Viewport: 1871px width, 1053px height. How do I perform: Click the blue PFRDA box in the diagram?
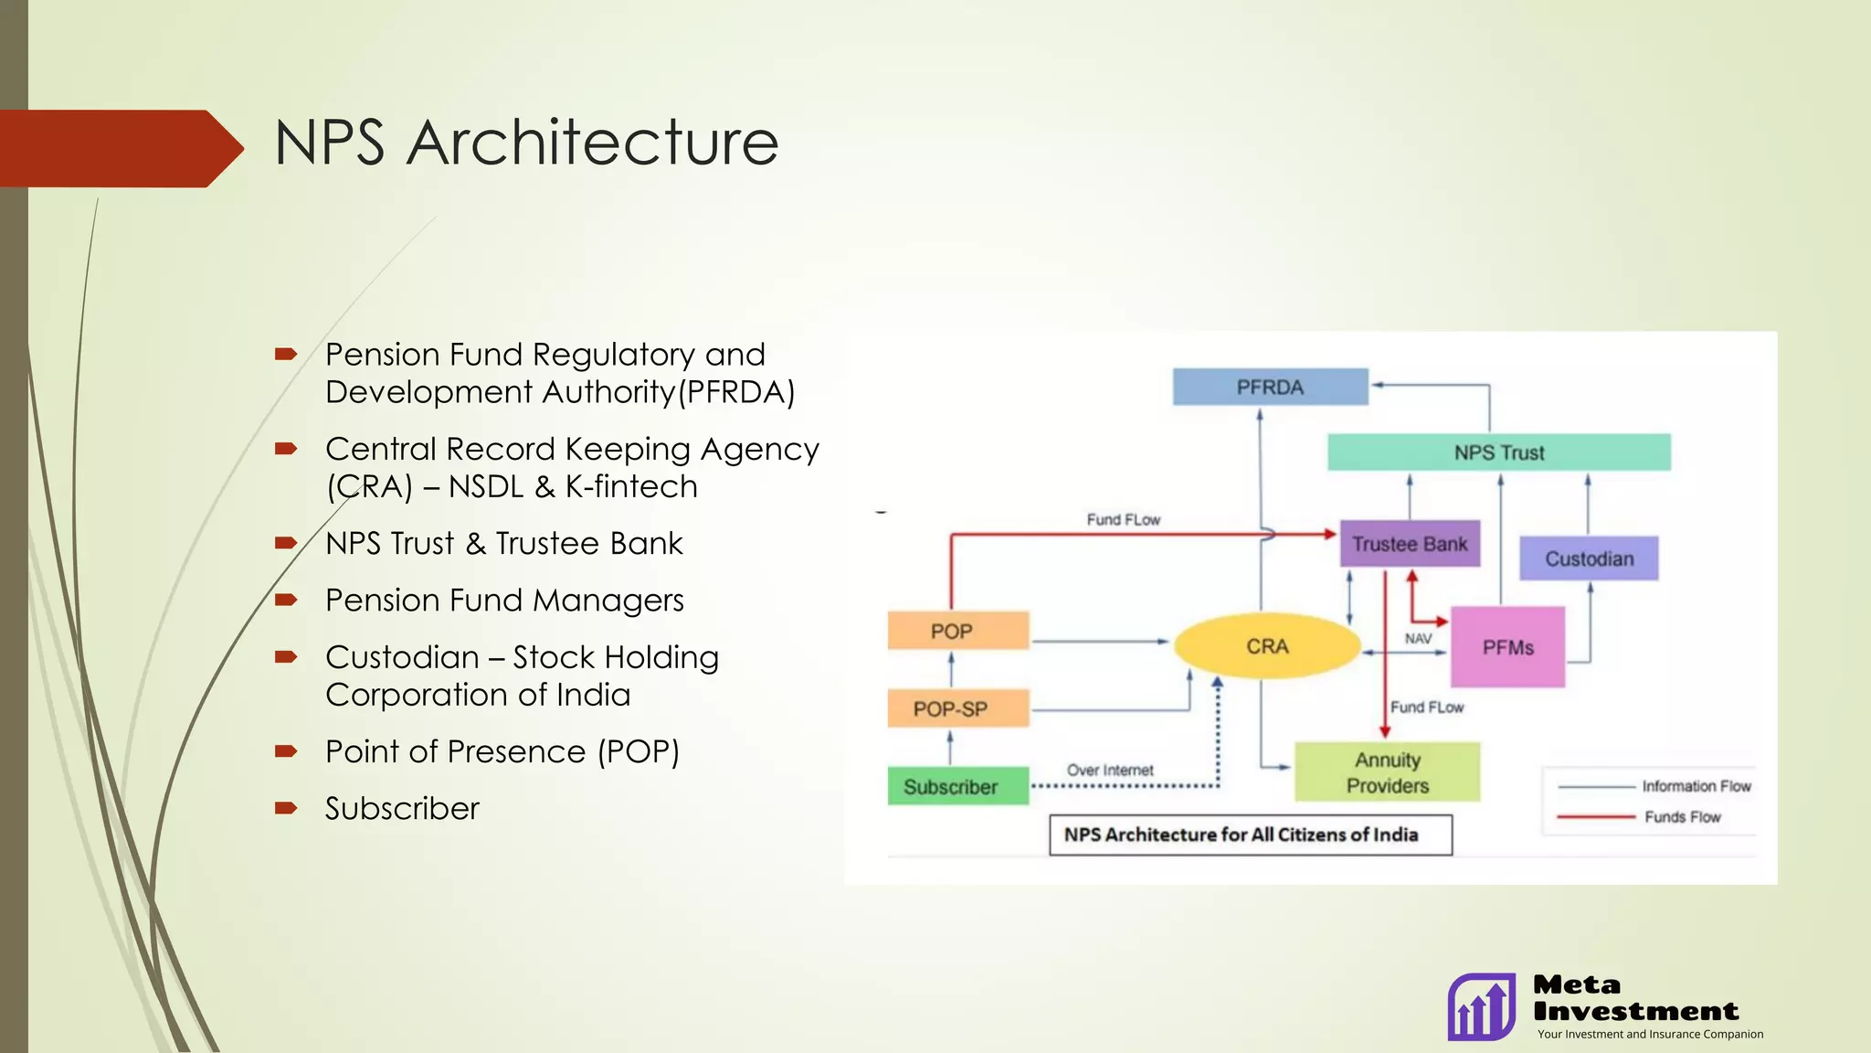coord(1270,387)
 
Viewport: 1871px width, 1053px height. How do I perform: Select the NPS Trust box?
coord(1498,452)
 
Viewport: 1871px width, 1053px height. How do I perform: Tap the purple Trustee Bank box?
coord(1410,544)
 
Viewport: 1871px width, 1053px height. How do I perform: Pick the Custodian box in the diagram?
coord(1589,558)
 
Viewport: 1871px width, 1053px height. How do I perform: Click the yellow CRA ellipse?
coord(1267,646)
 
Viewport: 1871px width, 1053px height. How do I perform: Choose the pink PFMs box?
coord(1507,647)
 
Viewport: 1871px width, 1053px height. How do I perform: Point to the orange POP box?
coord(951,631)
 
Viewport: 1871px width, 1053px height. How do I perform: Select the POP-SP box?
coord(950,708)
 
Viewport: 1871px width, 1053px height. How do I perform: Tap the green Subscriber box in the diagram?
coord(950,786)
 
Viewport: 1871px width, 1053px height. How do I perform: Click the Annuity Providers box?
coord(1387,772)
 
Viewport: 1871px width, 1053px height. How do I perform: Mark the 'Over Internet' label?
coord(1110,771)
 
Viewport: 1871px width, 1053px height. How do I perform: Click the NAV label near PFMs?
coord(1418,638)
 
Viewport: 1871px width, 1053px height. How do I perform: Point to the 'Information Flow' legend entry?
coord(1696,786)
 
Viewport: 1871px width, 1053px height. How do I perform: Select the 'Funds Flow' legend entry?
coord(1682,817)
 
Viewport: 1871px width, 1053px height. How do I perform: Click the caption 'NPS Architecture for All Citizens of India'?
coord(1241,835)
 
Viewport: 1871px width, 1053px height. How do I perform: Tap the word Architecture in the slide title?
coord(592,144)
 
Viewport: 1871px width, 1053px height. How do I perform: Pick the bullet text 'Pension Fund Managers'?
coord(504,601)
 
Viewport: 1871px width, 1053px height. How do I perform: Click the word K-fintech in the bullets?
coord(631,486)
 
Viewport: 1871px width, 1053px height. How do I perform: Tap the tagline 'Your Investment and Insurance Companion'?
coord(1650,1034)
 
